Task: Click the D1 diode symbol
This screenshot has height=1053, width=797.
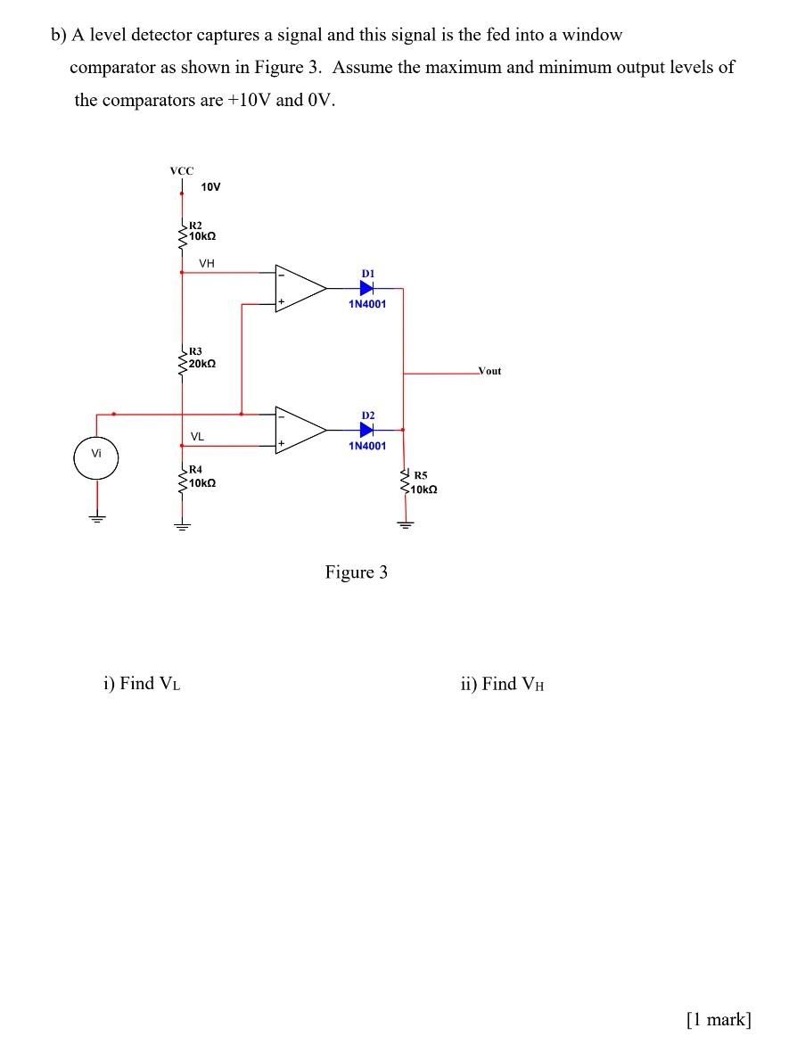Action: point(367,288)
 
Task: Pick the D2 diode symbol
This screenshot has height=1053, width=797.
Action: point(367,430)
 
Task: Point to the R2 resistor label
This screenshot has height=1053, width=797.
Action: point(195,226)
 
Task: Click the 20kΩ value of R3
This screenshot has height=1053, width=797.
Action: point(202,365)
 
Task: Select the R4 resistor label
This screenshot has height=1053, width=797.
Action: point(195,469)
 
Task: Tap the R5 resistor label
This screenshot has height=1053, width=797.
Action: point(420,476)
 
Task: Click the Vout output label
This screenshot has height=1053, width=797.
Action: point(489,370)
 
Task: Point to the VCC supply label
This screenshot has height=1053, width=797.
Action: point(182,169)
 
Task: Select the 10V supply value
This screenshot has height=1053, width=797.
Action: point(210,187)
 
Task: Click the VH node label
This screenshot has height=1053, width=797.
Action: point(207,263)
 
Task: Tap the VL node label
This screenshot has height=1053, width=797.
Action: point(197,437)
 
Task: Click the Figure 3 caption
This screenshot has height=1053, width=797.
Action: point(356,572)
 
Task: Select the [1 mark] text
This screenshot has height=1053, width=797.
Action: point(719,1020)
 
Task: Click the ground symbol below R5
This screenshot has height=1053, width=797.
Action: point(405,524)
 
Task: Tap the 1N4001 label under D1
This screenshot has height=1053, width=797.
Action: point(367,304)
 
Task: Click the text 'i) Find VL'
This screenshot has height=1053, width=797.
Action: point(143,684)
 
